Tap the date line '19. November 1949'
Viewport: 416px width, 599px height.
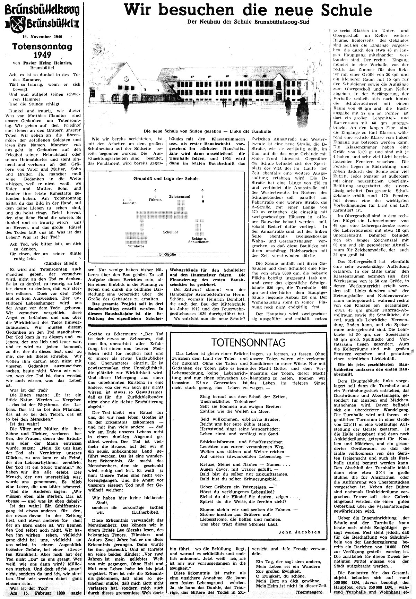[41, 36]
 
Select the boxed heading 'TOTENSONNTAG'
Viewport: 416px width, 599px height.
[249, 343]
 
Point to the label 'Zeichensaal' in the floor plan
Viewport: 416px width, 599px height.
[179, 196]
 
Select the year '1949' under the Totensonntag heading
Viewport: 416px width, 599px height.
[41, 54]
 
